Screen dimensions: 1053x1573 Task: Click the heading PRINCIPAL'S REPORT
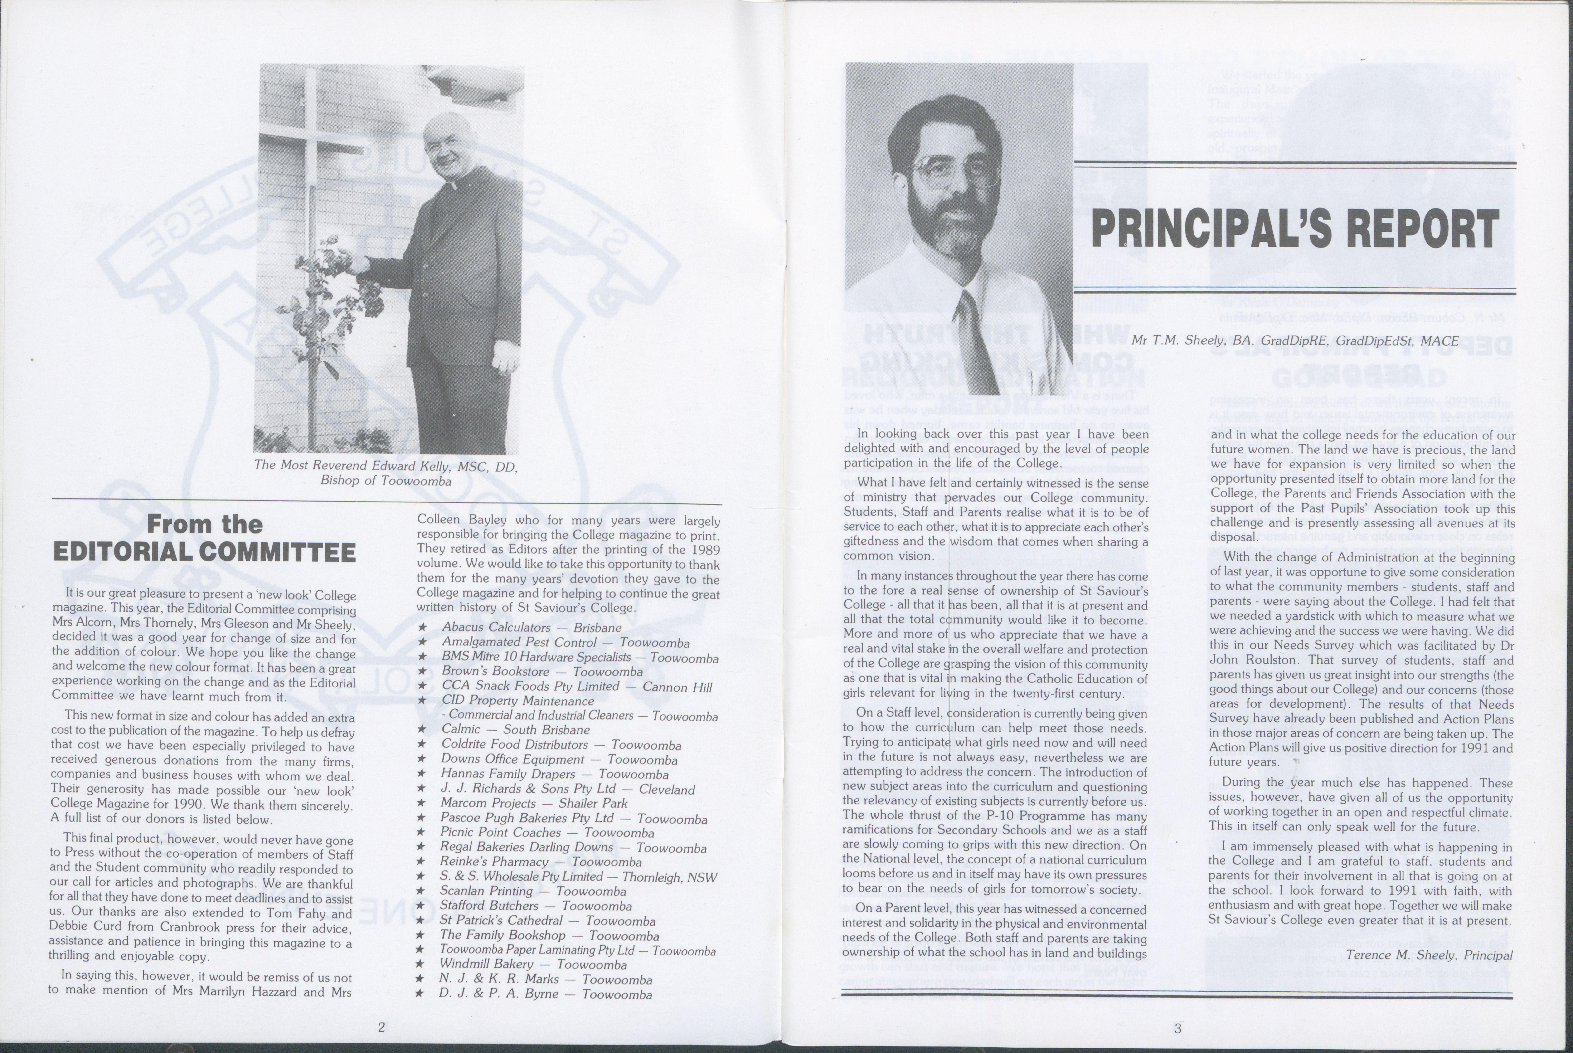pos(1294,229)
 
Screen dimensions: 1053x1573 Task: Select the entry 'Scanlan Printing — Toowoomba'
pos(532,891)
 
